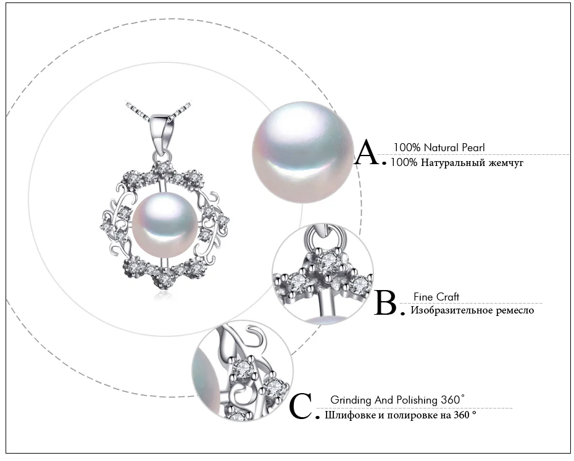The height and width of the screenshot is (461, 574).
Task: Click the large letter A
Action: (368, 152)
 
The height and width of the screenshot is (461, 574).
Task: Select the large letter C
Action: (302, 406)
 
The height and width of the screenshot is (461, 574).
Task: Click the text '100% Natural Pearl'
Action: (439, 147)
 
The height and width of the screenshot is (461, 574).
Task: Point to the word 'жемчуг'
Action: (506, 163)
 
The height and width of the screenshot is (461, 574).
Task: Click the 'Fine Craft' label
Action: (436, 297)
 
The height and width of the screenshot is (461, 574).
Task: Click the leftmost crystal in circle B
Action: (298, 283)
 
